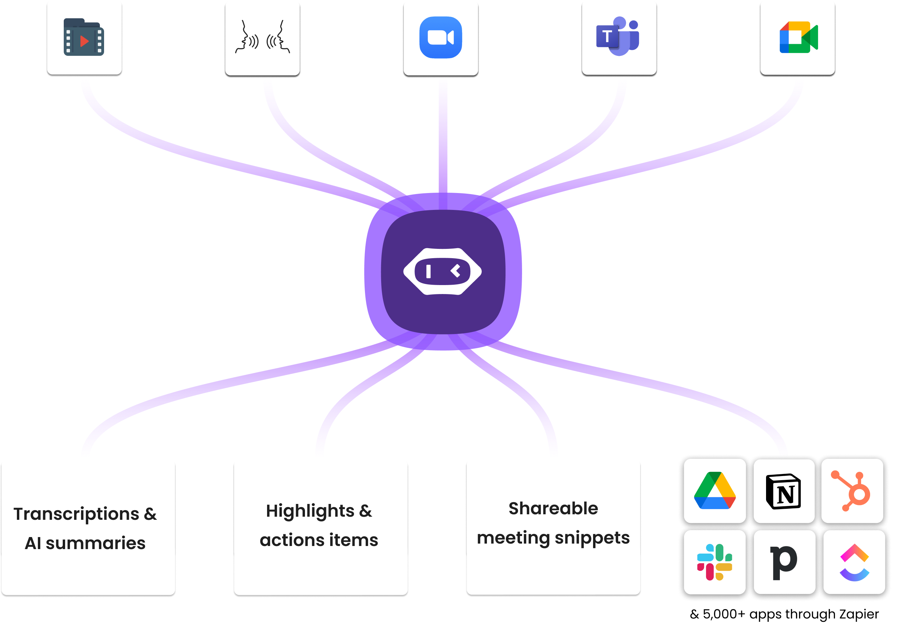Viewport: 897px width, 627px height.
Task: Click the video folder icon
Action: point(84,37)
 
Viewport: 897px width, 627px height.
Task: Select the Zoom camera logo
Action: point(441,37)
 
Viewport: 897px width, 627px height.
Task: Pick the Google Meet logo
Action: point(798,38)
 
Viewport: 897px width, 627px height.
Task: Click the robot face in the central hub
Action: point(442,271)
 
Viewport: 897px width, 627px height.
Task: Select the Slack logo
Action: point(715,562)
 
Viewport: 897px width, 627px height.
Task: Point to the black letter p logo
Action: point(784,562)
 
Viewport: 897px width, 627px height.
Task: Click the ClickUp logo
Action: point(854,562)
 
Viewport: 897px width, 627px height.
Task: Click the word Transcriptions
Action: point(76,514)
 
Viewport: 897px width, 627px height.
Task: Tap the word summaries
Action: point(95,543)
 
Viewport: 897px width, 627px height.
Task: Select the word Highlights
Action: point(310,511)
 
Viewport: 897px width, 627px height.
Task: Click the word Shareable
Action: point(553,508)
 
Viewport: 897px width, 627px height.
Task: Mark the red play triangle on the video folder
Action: point(84,41)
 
